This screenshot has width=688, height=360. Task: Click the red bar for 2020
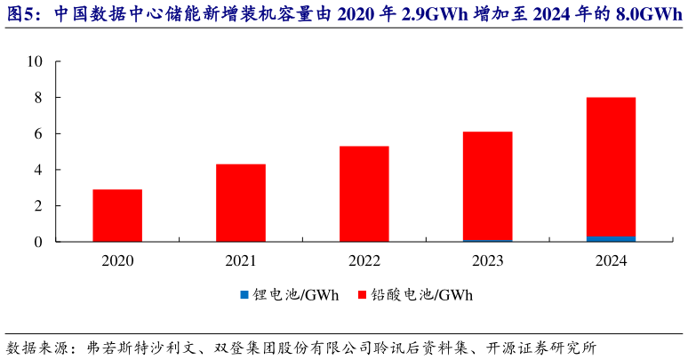(117, 215)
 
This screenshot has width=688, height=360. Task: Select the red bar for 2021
(241, 203)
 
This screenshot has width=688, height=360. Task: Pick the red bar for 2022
(364, 194)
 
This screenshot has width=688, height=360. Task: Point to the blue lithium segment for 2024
(611, 238)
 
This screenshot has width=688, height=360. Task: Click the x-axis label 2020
(117, 260)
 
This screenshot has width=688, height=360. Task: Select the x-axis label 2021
(241, 260)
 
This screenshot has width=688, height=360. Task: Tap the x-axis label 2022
(364, 260)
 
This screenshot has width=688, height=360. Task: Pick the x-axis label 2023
(487, 260)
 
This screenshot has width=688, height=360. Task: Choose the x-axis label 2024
(611, 260)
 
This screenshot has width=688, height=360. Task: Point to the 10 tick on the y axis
(35, 62)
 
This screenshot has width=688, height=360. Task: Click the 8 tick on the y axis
(38, 98)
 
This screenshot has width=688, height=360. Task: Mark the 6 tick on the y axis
(38, 134)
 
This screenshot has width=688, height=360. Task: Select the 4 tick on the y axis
(38, 170)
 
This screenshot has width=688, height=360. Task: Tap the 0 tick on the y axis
(38, 242)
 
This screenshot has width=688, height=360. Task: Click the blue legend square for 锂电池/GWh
(244, 294)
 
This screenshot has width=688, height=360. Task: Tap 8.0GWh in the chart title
(649, 14)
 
